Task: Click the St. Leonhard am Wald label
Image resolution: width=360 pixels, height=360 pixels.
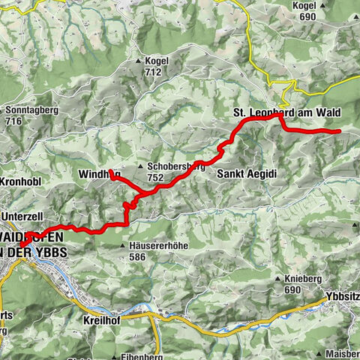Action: click(x=286, y=113)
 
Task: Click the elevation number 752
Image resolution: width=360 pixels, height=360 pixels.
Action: click(x=156, y=178)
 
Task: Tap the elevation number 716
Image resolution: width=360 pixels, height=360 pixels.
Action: click(x=15, y=121)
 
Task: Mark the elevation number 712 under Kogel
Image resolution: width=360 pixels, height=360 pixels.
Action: click(x=154, y=73)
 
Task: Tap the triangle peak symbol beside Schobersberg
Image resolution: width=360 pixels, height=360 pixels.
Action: click(x=140, y=166)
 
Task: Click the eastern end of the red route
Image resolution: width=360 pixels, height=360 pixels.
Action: click(x=339, y=131)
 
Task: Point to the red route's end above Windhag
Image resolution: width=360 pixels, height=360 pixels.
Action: click(x=110, y=172)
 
